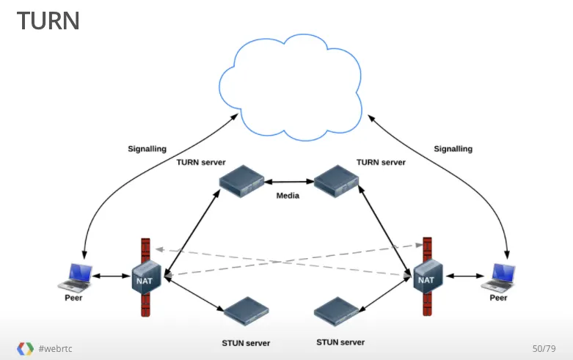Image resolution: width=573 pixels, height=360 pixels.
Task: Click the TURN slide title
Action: (48, 21)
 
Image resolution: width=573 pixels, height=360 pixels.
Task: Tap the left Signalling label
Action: (147, 149)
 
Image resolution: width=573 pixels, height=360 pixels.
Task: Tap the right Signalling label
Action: (453, 149)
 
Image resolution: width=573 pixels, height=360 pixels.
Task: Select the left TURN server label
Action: (201, 162)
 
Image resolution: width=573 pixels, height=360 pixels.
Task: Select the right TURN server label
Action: (381, 162)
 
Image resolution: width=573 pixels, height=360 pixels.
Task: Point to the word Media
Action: (288, 196)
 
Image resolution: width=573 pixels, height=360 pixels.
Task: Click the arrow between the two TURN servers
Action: (288, 180)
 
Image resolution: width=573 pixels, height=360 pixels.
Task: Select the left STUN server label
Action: (246, 343)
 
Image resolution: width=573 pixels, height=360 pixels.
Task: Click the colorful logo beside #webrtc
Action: (25, 348)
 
